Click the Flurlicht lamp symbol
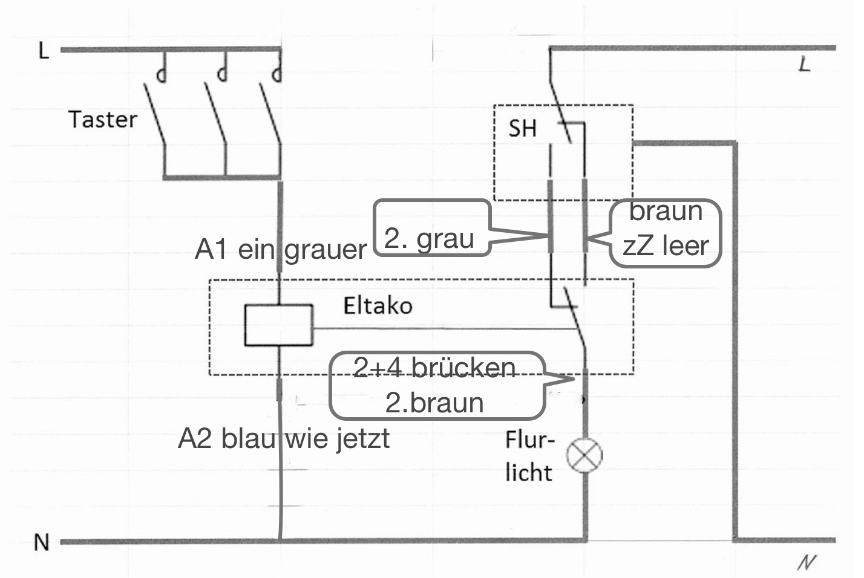[x=584, y=456]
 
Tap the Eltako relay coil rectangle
[x=278, y=325]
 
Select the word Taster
[x=102, y=119]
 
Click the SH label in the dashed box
[x=522, y=128]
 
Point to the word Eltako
[x=378, y=305]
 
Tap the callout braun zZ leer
[x=666, y=233]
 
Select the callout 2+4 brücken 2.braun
[x=436, y=386]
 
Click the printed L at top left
[x=43, y=51]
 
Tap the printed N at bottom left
[x=41, y=542]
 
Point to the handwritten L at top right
[x=803, y=64]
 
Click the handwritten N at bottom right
[x=806, y=562]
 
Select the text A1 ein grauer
[x=281, y=249]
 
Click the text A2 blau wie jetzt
[x=284, y=438]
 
